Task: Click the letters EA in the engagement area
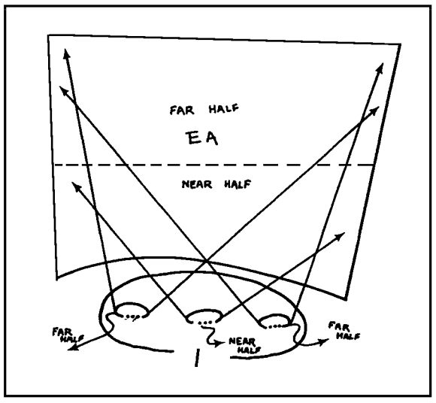click(202, 138)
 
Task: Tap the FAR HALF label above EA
click(204, 109)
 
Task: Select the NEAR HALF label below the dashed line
click(216, 184)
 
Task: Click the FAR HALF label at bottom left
click(68, 335)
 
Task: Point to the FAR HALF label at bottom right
click(344, 330)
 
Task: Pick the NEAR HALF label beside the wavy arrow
click(245, 345)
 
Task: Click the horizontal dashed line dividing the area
click(214, 165)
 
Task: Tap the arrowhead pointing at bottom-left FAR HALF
click(73, 347)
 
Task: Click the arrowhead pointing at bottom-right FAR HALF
click(323, 341)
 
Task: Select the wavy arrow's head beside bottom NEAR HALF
click(220, 344)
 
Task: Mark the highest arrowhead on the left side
click(66, 53)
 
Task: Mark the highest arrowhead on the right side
click(380, 68)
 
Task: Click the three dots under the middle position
click(205, 323)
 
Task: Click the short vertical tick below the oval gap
click(197, 358)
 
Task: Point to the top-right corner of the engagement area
click(401, 44)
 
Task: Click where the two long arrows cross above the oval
click(206, 261)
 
